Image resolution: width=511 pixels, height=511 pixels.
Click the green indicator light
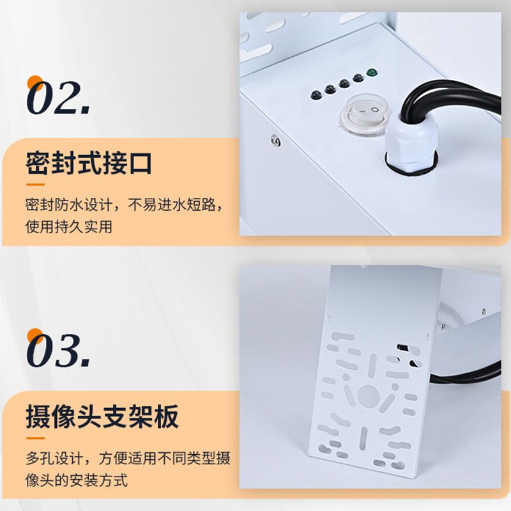(x=370, y=72)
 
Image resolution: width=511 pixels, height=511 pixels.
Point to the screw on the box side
(x=276, y=141)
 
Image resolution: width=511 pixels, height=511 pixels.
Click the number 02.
(x=59, y=98)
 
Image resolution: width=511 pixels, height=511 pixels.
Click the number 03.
(x=59, y=351)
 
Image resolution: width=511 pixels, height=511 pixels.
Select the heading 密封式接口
(x=89, y=163)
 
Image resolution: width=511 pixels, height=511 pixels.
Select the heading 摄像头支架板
(x=102, y=416)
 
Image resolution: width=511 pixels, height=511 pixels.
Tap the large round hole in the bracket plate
(x=369, y=395)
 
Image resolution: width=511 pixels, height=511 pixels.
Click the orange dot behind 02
(x=35, y=84)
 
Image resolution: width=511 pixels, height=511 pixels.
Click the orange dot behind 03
(x=35, y=337)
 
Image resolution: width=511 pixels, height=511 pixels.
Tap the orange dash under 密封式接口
(x=35, y=185)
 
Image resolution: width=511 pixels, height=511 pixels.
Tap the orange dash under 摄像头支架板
(x=35, y=438)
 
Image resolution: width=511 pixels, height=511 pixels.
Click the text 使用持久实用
(x=69, y=227)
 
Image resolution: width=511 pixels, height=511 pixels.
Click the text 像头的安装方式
(x=76, y=480)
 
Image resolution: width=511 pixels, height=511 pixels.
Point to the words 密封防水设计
(x=69, y=205)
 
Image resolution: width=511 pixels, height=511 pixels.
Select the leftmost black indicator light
(x=316, y=95)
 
